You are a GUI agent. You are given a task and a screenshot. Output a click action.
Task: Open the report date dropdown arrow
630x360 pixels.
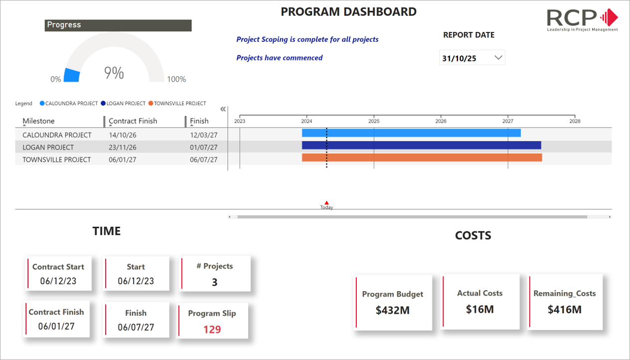(498, 57)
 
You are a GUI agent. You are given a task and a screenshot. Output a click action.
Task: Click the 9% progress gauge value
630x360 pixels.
(114, 73)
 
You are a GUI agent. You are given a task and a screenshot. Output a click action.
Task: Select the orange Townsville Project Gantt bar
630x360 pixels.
(422, 158)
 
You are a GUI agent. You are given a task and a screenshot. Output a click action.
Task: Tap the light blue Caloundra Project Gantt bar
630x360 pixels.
(411, 133)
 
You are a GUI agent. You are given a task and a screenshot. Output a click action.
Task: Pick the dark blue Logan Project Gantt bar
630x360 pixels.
(421, 145)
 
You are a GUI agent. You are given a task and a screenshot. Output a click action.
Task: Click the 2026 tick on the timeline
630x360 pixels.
(441, 121)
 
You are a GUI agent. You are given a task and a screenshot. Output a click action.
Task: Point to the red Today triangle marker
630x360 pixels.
(326, 202)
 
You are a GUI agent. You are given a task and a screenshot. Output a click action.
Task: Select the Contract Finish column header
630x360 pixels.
(133, 121)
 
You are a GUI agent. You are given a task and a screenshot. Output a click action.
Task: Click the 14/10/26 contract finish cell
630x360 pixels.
(122, 135)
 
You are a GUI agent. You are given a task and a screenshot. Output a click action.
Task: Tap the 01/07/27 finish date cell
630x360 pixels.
(203, 148)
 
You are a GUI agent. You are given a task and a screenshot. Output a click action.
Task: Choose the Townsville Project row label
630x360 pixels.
(57, 160)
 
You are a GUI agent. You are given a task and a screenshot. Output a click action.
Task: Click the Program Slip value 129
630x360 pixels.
(212, 329)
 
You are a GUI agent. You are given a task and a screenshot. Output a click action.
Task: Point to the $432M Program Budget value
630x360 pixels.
(393, 310)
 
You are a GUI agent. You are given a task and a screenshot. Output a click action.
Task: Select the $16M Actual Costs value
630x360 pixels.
(479, 309)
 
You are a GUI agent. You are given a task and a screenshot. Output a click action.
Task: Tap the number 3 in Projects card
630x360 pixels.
(215, 282)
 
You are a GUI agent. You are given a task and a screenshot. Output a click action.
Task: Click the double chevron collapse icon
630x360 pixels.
(223, 109)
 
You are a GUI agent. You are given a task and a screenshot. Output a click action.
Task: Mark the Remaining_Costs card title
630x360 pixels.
(565, 294)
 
